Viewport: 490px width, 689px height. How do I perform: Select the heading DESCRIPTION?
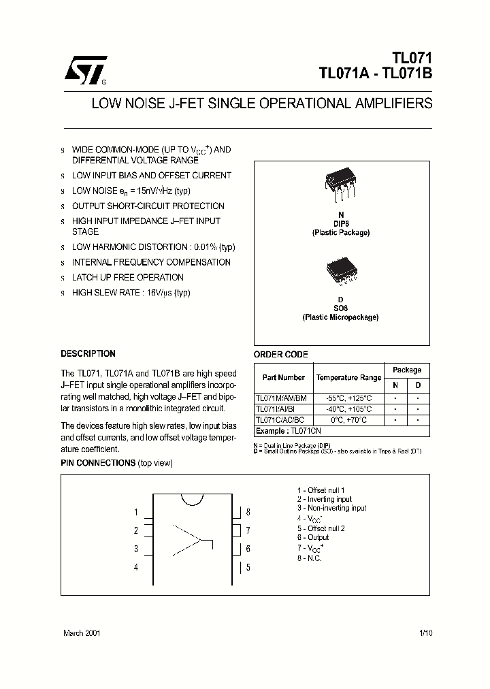(x=88, y=353)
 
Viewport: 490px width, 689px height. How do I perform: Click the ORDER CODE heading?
(x=281, y=354)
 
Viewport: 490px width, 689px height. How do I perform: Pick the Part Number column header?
(x=284, y=377)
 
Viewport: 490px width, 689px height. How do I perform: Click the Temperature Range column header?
(x=348, y=377)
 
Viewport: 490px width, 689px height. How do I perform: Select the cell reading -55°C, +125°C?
(x=348, y=398)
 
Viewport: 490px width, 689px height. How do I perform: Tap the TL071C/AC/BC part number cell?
(x=280, y=420)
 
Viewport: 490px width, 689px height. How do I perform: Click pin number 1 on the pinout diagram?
(x=136, y=513)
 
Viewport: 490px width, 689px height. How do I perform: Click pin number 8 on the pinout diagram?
(x=248, y=512)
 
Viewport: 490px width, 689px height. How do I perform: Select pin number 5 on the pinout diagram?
(x=248, y=566)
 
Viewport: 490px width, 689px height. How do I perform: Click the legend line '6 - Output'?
(x=313, y=537)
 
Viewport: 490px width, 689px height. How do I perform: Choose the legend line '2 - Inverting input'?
(x=324, y=499)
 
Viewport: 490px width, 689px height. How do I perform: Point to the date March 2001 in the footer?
(x=82, y=632)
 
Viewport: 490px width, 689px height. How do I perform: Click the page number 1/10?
(x=426, y=632)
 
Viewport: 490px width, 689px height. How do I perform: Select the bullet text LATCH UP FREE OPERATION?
(x=127, y=277)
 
